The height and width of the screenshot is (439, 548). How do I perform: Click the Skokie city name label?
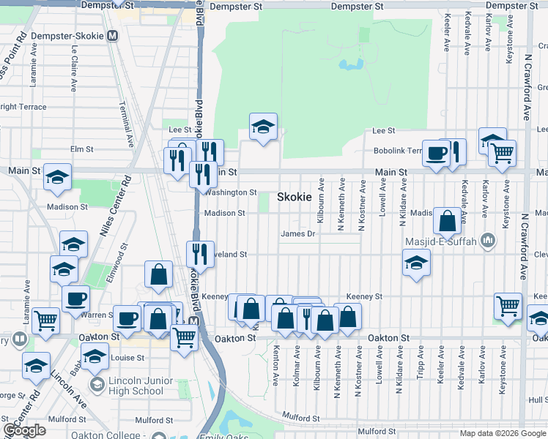click(294, 198)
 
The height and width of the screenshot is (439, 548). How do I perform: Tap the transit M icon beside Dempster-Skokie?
click(112, 36)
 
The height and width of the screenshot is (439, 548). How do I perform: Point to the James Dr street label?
click(298, 234)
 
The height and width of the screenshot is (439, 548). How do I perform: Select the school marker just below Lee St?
click(263, 127)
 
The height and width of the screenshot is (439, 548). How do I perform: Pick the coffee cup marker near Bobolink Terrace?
click(437, 153)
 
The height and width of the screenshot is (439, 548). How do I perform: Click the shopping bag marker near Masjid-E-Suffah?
click(446, 219)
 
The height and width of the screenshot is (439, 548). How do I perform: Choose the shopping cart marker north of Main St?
click(502, 153)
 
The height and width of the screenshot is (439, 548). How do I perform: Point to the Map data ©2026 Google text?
click(502, 433)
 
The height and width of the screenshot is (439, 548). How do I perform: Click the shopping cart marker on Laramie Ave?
click(45, 320)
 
